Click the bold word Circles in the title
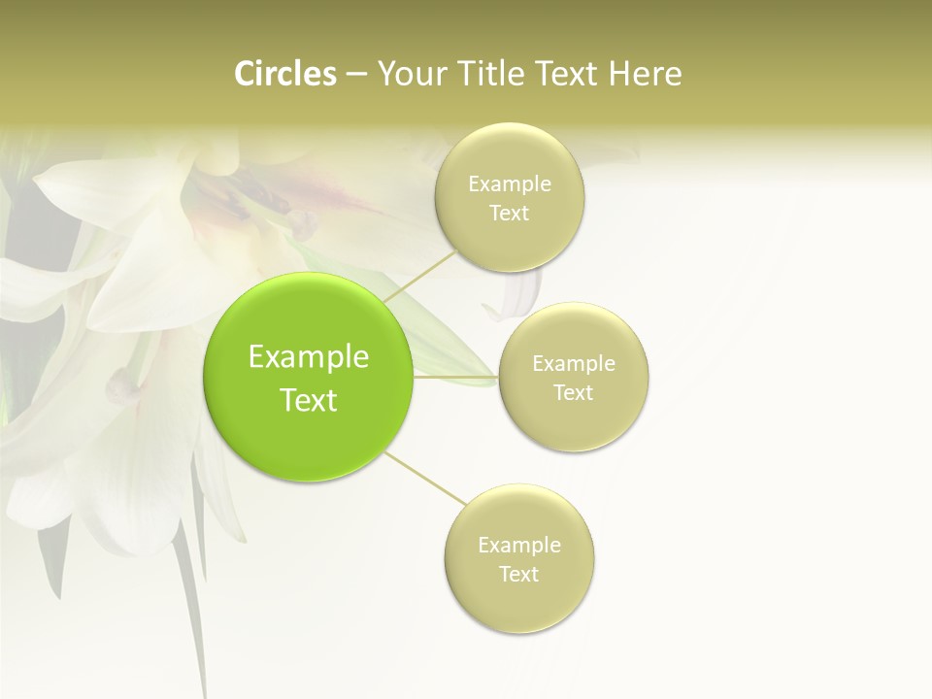pos(285,74)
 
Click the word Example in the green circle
pos(309,357)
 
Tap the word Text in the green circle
pos(309,400)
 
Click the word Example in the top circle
pos(510,184)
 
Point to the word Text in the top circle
pos(510,214)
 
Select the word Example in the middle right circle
pos(574,364)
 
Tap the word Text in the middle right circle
pos(574,393)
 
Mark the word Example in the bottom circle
pos(519,546)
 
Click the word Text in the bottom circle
pos(519,575)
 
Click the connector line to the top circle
pos(419,276)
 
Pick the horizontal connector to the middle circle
pos(456,377)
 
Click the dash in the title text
pos(356,75)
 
